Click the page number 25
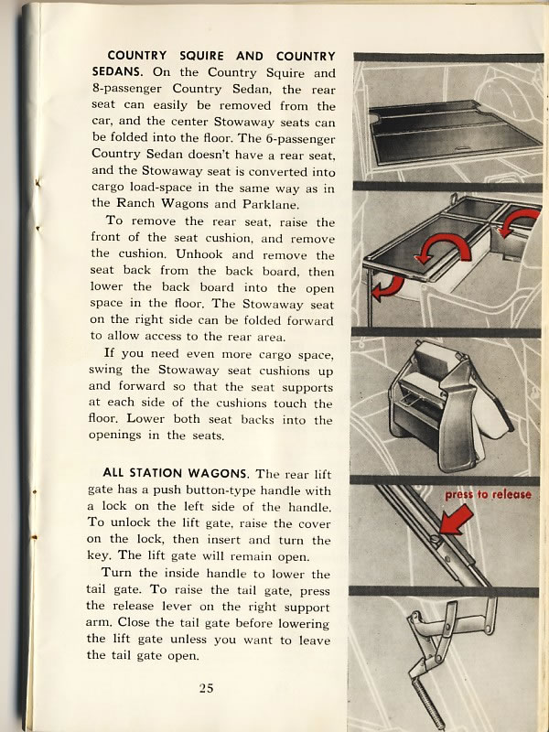pos(207,688)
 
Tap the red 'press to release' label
pos(488,495)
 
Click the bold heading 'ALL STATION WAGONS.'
pos(179,473)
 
